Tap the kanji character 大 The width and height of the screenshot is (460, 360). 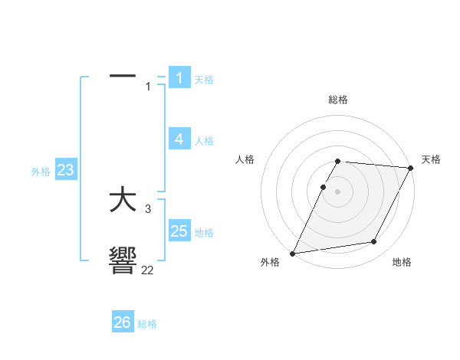[123, 201]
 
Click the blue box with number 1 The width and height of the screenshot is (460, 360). [179, 77]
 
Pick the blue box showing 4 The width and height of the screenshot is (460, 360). [179, 139]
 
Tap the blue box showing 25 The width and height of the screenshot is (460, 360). [179, 231]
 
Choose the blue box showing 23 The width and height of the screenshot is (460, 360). [65, 170]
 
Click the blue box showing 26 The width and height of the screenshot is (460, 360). [123, 322]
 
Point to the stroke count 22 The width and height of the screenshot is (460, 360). [147, 270]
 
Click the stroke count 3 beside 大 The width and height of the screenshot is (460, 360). [148, 209]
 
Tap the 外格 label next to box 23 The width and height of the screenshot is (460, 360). [41, 172]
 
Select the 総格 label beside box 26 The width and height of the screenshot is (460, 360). [147, 324]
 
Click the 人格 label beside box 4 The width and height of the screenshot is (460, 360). [204, 141]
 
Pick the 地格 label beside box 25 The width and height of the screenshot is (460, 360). [204, 233]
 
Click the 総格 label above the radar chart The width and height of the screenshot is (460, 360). [338, 100]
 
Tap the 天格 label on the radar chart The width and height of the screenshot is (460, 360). [431, 159]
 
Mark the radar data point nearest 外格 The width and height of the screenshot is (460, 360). [292, 254]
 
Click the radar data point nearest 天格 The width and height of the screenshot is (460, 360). [411, 168]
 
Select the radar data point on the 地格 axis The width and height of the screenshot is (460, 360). [374, 242]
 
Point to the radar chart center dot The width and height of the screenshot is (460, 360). [338, 191]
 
